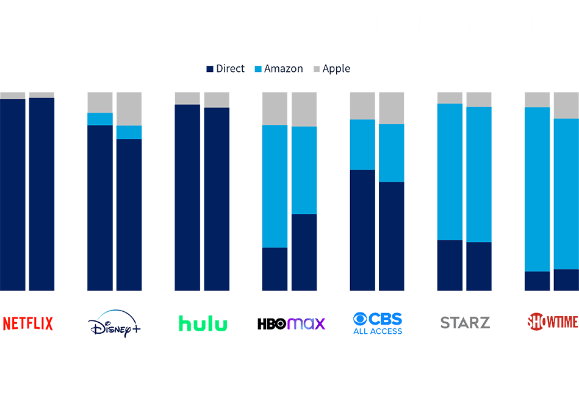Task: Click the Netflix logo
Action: [x=28, y=323]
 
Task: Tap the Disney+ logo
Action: [x=114, y=324]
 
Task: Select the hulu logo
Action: [x=203, y=323]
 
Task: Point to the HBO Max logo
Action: [x=291, y=323]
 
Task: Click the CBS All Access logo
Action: [x=377, y=323]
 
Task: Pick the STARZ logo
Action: [x=465, y=322]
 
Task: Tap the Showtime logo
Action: [x=552, y=322]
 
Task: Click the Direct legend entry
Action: [x=225, y=69]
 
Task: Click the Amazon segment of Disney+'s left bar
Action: [x=100, y=119]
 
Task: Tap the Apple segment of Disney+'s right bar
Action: [x=129, y=109]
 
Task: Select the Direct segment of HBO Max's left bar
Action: [x=275, y=269]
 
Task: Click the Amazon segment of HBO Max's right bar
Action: [x=304, y=170]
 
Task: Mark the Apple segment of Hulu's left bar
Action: [x=187, y=98]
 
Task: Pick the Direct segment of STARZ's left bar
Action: [x=450, y=265]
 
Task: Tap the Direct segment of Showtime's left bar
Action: [x=538, y=281]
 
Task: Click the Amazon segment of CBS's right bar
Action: [x=391, y=153]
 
